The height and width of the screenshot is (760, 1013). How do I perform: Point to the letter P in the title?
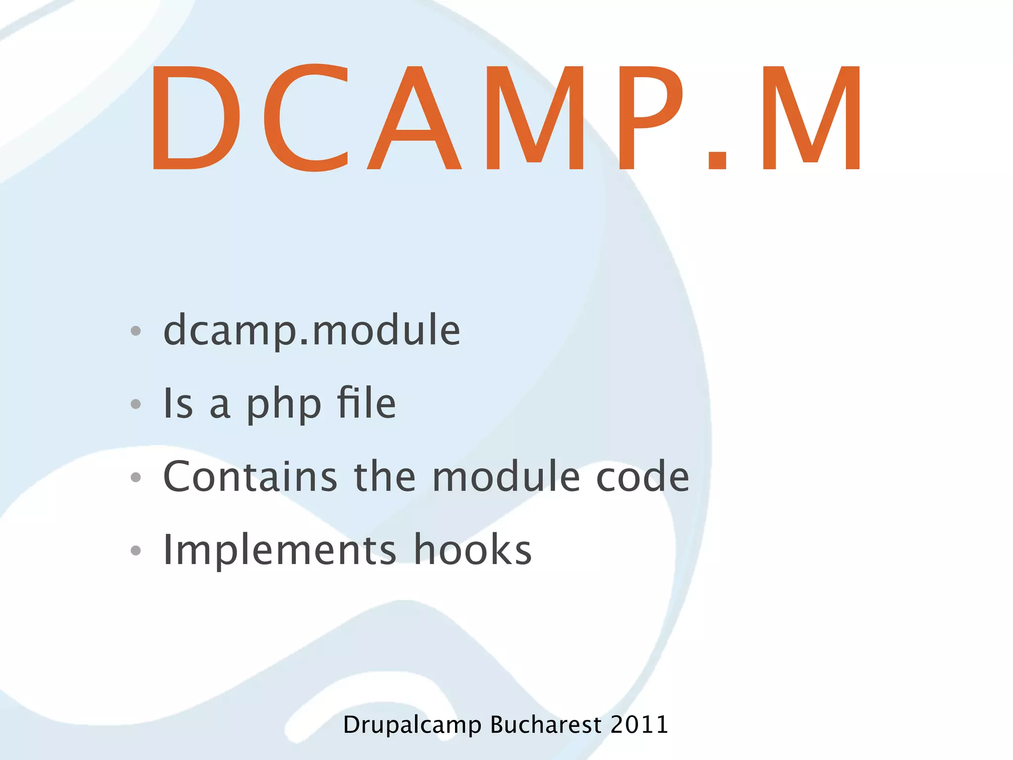(x=650, y=118)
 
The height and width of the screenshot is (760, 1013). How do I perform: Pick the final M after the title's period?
(x=812, y=118)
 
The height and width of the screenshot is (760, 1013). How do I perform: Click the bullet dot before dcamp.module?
(x=136, y=331)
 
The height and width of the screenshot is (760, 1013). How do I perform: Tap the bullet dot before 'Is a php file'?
(x=136, y=404)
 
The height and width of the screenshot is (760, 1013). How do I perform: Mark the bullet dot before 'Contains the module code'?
(x=136, y=477)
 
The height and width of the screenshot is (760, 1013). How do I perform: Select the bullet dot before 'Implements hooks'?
(x=136, y=550)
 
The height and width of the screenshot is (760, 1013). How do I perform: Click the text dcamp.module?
(x=312, y=331)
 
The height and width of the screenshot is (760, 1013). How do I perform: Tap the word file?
(x=367, y=403)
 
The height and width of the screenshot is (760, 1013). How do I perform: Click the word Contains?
(x=250, y=476)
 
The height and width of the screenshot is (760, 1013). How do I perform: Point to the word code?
(x=643, y=476)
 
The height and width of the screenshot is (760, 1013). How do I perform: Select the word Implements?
(x=279, y=550)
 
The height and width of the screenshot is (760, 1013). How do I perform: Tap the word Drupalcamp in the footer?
(x=412, y=725)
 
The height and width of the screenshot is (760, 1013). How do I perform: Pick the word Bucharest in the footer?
(x=546, y=724)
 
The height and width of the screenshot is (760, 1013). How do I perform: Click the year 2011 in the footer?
(x=639, y=724)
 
